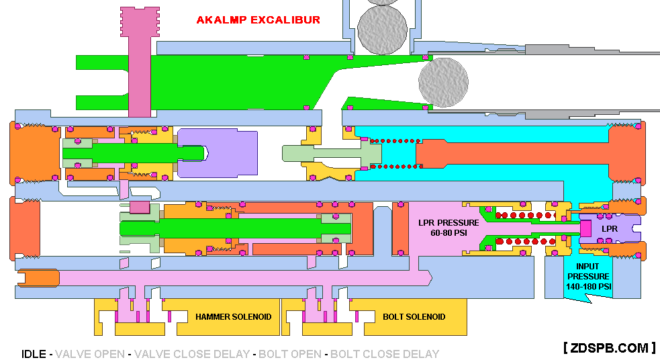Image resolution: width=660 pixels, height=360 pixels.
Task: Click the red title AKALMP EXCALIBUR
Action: click(x=258, y=19)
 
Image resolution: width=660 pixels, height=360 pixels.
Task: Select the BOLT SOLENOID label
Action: click(x=414, y=316)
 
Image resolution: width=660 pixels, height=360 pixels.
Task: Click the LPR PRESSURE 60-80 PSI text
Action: click(x=449, y=228)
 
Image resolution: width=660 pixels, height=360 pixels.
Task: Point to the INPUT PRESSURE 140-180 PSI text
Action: click(x=588, y=276)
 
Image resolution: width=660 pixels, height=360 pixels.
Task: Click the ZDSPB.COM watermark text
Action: click(x=609, y=347)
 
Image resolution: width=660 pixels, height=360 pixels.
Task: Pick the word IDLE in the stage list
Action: click(x=34, y=354)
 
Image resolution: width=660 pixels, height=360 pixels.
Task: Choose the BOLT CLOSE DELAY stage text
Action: click(x=385, y=354)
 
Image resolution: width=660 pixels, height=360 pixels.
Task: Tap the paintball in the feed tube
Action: click(x=383, y=27)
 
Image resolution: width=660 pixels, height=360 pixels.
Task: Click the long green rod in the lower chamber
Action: click(x=228, y=228)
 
